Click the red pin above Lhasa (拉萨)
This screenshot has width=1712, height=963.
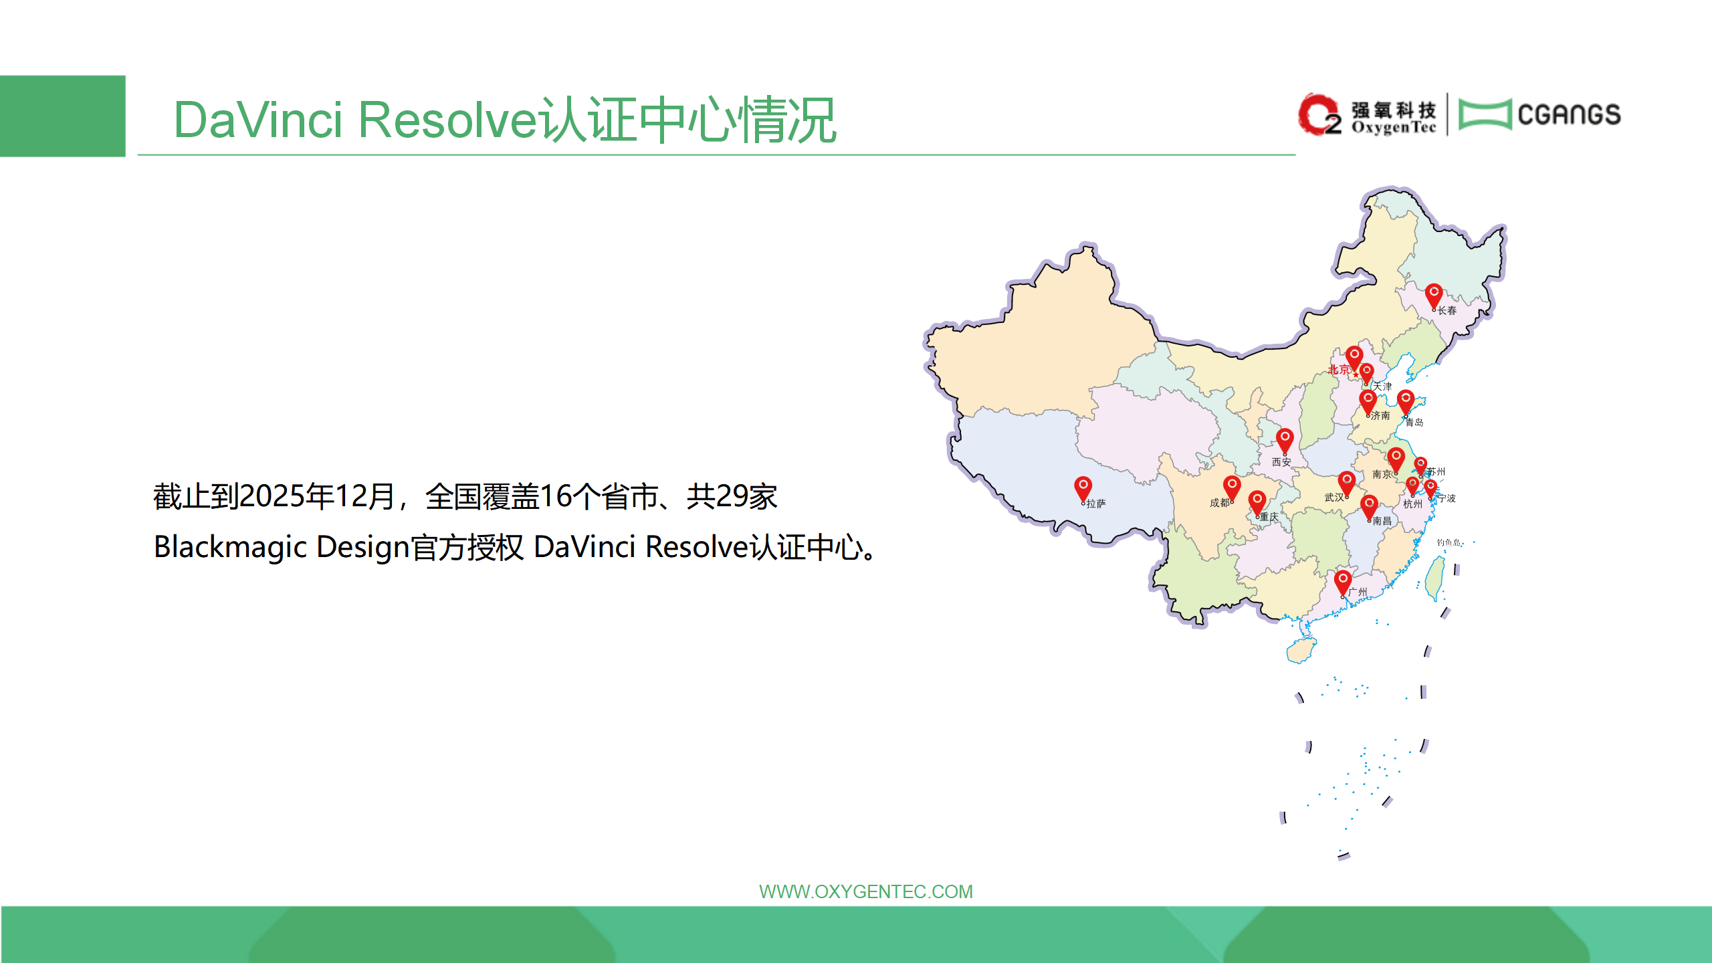pos(1083,488)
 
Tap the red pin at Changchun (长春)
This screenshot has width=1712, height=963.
pos(1433,295)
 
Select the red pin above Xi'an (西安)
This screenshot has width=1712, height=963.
pos(1285,440)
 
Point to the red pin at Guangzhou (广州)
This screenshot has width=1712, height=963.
pos(1342,582)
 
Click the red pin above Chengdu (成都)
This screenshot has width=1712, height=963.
pos(1232,487)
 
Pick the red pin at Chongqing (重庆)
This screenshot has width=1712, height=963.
pos(1257,502)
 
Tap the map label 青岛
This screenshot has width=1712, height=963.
pos(1414,423)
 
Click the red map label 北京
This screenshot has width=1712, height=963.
pos(1338,369)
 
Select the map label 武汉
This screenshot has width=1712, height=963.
pos(1334,498)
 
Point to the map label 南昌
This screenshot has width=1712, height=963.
pos(1382,521)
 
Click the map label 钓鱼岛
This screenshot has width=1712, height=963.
pos(1449,542)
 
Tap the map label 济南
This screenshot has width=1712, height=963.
pos(1380,415)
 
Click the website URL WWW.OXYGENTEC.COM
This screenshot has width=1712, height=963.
pos(866,891)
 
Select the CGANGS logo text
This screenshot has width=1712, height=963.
pos(1569,114)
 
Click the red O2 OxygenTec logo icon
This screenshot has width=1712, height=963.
pos(1319,114)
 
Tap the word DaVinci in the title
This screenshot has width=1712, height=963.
pos(258,120)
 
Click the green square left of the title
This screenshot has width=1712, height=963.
pos(63,116)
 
